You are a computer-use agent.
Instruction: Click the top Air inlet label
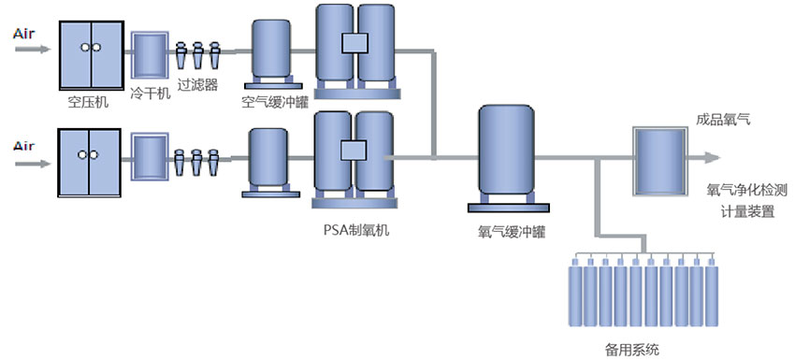(x=25, y=34)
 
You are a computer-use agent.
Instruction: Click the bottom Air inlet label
(x=25, y=144)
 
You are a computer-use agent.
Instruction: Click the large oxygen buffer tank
(x=505, y=150)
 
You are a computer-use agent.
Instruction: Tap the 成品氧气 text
(x=723, y=120)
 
